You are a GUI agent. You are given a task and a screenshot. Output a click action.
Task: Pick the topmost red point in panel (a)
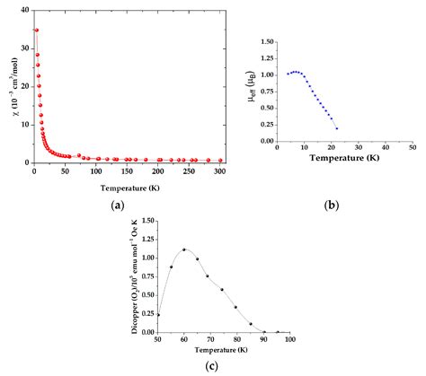pyautogui.click(x=36, y=30)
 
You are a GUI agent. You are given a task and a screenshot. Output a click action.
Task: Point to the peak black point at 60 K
pyautogui.click(x=184, y=249)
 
